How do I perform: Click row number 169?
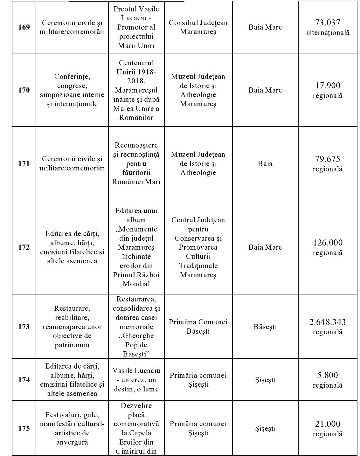point(24,27)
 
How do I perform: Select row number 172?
point(24,247)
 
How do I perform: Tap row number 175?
point(24,428)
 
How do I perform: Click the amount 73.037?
point(328,23)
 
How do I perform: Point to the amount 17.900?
point(328,86)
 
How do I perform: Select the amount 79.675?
point(328,159)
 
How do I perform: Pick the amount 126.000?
point(328,243)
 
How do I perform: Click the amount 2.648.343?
point(328,322)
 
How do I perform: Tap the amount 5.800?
point(328,375)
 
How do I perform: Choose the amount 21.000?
point(328,424)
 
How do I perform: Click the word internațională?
point(328,32)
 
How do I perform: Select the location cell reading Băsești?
point(265,327)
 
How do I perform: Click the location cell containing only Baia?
point(265,164)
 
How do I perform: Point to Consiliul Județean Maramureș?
point(198,27)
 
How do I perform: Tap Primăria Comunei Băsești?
point(198,327)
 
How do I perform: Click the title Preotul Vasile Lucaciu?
point(136,13)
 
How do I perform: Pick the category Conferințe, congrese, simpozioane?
point(72,90)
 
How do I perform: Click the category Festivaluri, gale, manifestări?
point(72,428)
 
